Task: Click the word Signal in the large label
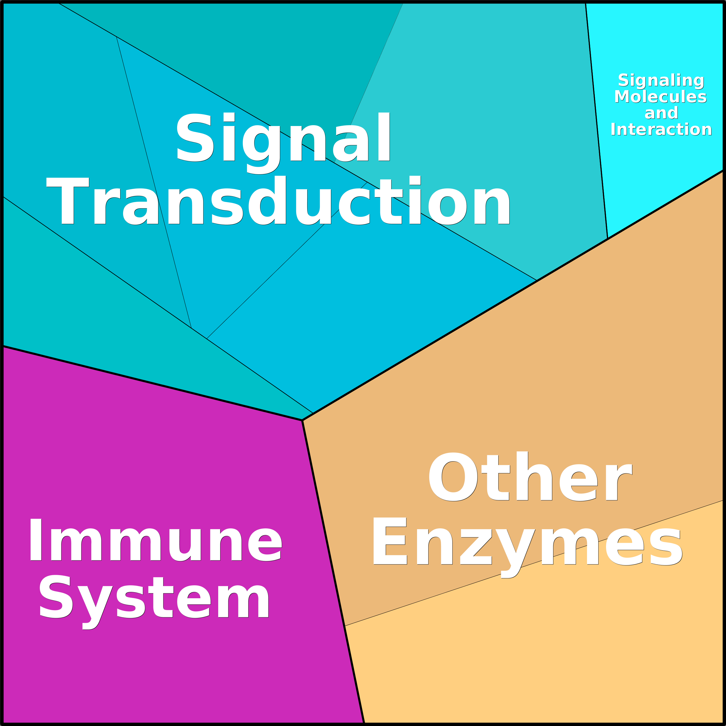[283, 142]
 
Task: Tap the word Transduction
[278, 200]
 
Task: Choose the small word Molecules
[661, 97]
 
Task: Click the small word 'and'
[661, 113]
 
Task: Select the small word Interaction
[661, 129]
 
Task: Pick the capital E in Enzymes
[390, 541]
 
